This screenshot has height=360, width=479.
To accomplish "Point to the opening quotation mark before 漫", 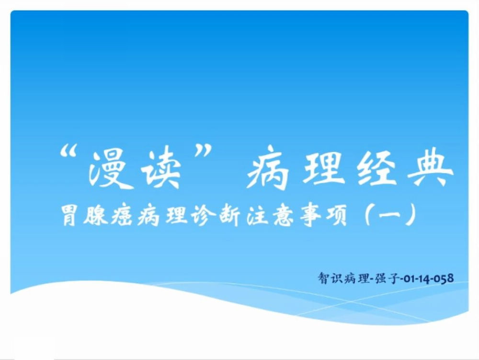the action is (68, 151).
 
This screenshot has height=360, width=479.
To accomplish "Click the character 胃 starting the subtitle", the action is (69, 215).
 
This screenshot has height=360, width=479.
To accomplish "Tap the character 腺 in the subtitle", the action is (96, 215).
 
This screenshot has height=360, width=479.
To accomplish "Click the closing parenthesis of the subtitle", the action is (411, 215).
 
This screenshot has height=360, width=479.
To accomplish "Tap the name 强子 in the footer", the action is (386, 278).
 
